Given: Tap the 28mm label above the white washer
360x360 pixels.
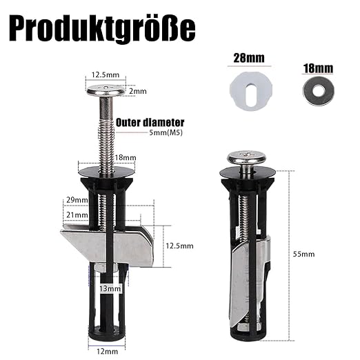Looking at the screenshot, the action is [249, 58].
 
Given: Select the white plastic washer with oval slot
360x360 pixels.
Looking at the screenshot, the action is [251, 91].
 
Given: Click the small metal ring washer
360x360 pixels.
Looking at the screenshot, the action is [319, 91].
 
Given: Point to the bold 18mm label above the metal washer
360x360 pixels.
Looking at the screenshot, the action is [318, 68].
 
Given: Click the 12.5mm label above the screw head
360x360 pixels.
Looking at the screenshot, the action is [106, 74].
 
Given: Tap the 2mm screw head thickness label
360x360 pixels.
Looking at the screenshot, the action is [138, 91].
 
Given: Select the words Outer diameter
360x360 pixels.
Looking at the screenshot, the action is [150, 123].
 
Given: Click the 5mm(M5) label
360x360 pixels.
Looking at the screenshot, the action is [166, 132].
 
